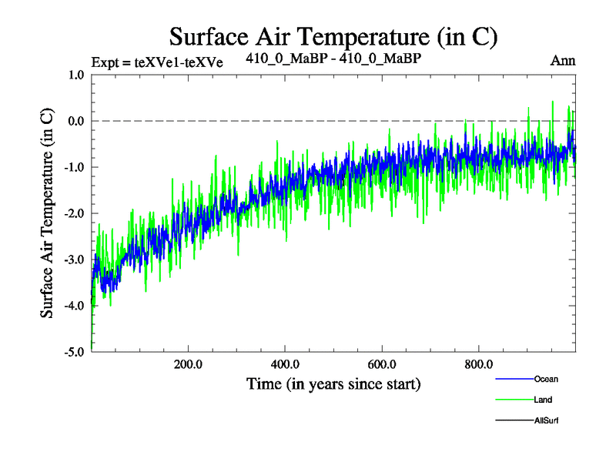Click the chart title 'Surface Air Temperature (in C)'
(333, 36)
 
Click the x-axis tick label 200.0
(188, 364)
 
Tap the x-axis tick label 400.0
(285, 364)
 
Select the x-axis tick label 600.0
(382, 364)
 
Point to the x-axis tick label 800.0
(479, 364)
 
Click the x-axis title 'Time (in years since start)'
(333, 383)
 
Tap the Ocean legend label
(545, 379)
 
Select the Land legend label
(542, 400)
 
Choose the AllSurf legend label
(546, 420)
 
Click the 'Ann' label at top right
(563, 61)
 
